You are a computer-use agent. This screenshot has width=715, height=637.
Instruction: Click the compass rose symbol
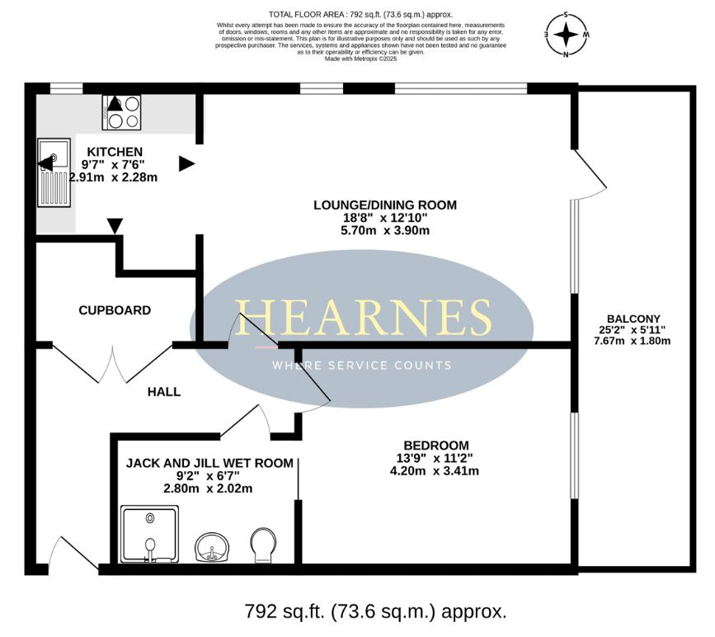(x=567, y=35)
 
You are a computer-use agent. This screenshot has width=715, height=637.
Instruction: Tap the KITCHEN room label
(x=115, y=152)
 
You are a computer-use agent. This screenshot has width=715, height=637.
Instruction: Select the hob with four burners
(x=122, y=113)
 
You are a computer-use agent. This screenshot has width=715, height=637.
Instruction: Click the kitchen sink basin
(x=54, y=153)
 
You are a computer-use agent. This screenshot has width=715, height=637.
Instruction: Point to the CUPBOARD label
(x=115, y=310)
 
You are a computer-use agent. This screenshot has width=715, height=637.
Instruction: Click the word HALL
(x=164, y=392)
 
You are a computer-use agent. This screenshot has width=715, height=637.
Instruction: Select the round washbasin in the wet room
(x=212, y=548)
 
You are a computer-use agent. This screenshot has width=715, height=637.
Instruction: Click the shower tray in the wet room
(x=150, y=534)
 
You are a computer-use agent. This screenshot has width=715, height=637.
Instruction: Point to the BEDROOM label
(x=436, y=446)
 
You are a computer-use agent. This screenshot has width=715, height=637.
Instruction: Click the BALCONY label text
(x=633, y=319)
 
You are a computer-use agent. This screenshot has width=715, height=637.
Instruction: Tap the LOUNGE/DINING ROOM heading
(x=385, y=205)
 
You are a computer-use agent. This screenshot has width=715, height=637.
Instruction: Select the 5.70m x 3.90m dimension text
(x=385, y=230)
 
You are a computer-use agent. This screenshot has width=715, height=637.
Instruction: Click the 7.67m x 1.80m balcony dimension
(x=632, y=341)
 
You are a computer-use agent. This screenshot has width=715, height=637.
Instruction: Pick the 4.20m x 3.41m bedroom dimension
(x=435, y=471)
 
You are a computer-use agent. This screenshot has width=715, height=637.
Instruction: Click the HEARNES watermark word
(x=364, y=318)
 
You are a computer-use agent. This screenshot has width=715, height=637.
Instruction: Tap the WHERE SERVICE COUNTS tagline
(x=362, y=365)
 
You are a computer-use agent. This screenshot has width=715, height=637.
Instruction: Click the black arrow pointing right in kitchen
(x=187, y=164)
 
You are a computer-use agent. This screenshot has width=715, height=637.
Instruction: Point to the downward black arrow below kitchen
(x=115, y=226)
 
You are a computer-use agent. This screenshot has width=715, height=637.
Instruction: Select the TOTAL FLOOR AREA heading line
(x=360, y=15)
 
